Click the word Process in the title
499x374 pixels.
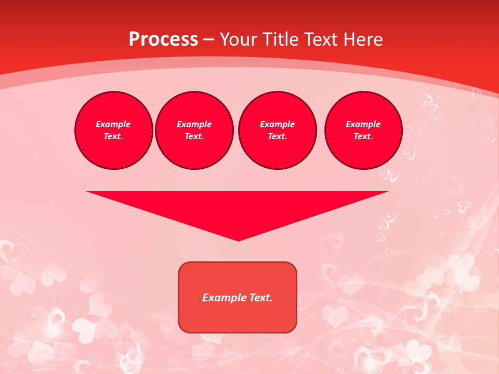(x=163, y=39)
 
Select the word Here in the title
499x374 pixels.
(x=363, y=39)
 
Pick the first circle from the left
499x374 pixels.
(x=114, y=130)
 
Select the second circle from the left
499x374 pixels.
(x=194, y=130)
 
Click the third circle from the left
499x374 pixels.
(x=278, y=130)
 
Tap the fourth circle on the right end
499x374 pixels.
(x=363, y=130)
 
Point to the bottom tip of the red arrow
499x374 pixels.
(x=238, y=239)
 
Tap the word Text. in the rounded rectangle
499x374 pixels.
(x=261, y=298)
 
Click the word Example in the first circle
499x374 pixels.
(x=113, y=124)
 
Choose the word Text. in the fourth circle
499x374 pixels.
(x=363, y=136)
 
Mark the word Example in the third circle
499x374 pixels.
(x=278, y=124)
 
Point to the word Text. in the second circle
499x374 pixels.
(x=194, y=136)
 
